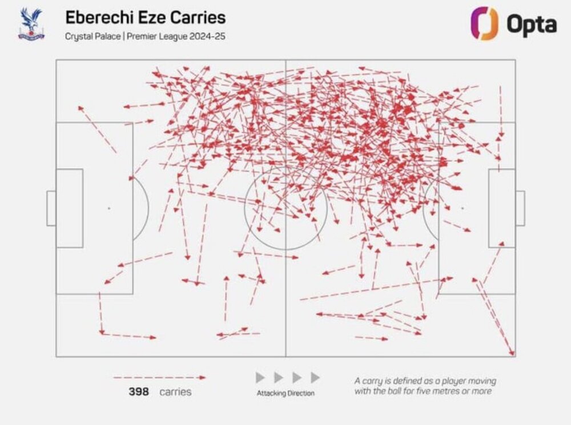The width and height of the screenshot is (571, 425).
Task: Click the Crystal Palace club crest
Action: (x=31, y=24)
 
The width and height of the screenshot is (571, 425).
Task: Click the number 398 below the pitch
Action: (x=139, y=392)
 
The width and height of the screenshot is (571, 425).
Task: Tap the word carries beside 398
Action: (x=176, y=392)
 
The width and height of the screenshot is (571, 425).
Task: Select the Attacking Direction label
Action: (x=285, y=393)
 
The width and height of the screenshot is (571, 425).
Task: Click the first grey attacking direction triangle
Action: (x=260, y=378)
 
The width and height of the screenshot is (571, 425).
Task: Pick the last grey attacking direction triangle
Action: (x=315, y=378)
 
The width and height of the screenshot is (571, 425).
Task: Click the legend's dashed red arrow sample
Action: (x=159, y=378)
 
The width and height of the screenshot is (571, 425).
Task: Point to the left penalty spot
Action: (x=108, y=208)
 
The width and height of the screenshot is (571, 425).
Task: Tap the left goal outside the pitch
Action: (x=51, y=208)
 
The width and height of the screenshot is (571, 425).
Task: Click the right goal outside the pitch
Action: (x=520, y=208)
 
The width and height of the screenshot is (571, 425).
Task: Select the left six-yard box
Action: (x=70, y=208)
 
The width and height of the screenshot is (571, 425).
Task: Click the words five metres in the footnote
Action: (x=444, y=391)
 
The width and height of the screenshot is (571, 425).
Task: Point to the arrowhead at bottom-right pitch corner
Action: (x=512, y=353)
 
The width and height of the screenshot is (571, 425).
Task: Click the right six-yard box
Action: (x=501, y=208)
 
